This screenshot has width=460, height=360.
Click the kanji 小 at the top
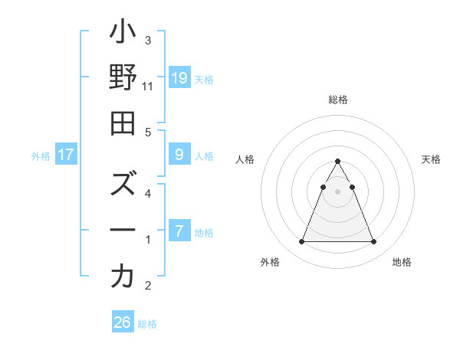[x=123, y=34]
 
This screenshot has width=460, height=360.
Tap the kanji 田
[x=123, y=123]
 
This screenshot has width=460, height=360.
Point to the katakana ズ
[x=123, y=186]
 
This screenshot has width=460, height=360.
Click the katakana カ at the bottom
[x=123, y=276]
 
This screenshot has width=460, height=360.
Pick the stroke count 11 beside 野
[x=148, y=87]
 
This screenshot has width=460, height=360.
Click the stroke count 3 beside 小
[x=148, y=40]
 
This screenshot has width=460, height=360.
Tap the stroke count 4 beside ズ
[x=148, y=193]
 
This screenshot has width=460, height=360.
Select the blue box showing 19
[x=179, y=77]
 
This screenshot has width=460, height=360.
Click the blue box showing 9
[x=179, y=155]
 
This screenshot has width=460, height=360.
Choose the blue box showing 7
[x=179, y=231]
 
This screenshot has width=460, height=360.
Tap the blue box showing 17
[x=66, y=155]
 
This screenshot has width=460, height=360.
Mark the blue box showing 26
[x=123, y=322]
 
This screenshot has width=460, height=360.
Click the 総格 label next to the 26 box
[x=147, y=324]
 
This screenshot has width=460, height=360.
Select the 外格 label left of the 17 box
[x=41, y=156]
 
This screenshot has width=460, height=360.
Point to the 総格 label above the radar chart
[x=337, y=100]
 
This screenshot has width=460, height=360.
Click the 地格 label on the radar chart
[x=402, y=262]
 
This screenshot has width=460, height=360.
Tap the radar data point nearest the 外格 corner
[x=301, y=242]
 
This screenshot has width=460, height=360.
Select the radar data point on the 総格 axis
[x=337, y=162]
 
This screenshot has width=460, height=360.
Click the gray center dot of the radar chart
[x=337, y=191]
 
